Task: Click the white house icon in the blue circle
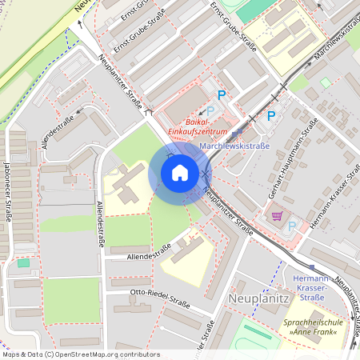point(179,172)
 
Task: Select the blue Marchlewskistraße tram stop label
point(234,146)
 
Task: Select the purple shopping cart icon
point(277,215)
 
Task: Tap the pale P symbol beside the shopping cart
point(291,226)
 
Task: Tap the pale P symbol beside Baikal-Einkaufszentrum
point(211,111)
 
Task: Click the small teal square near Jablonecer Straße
point(22,262)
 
